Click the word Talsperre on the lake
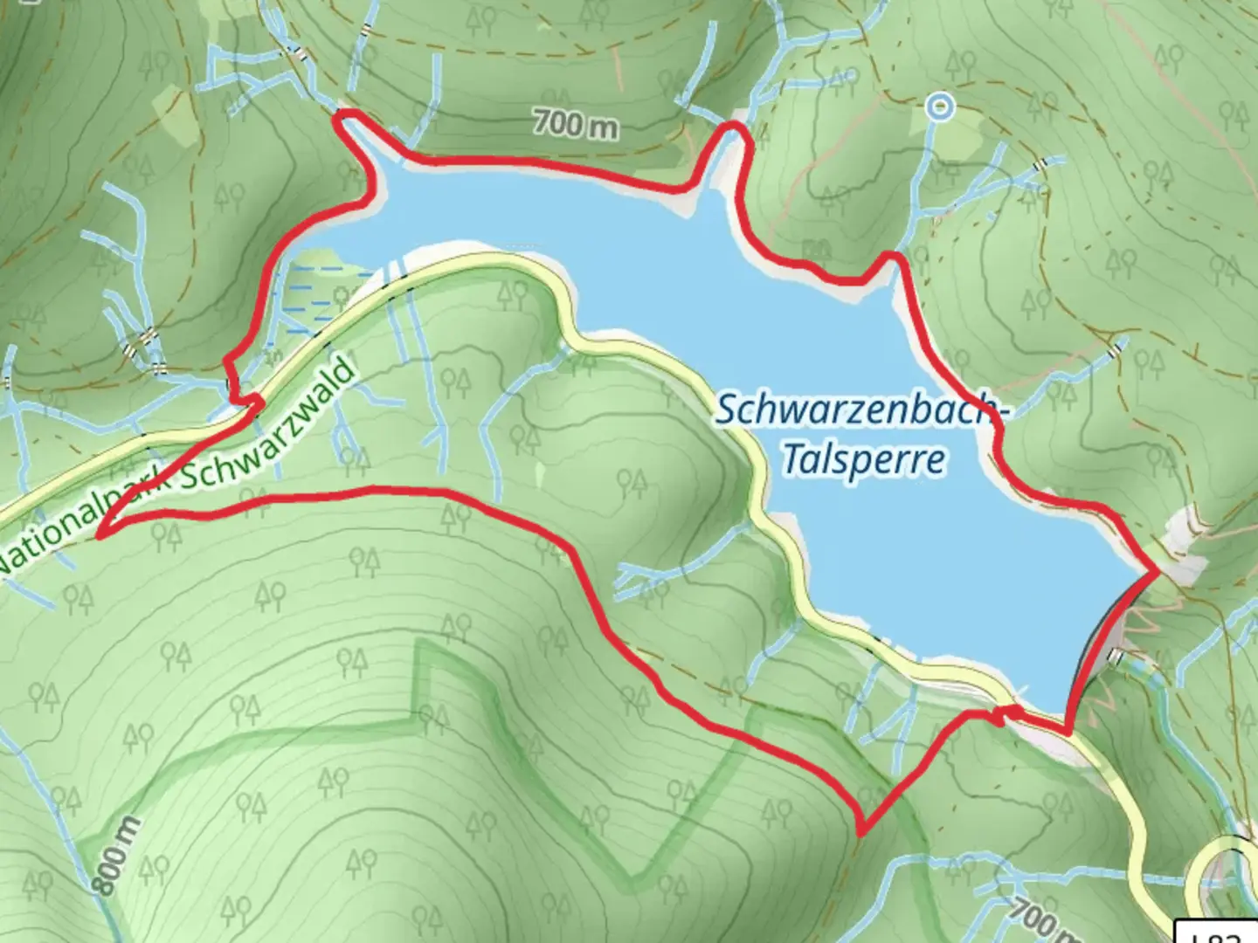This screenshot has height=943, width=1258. [x=863, y=459]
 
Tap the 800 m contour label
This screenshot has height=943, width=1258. [x=115, y=857]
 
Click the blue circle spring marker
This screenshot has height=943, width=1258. [x=940, y=107]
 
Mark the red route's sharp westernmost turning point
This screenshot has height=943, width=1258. [x=99, y=535]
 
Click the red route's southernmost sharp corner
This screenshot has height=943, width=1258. [x=862, y=831]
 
